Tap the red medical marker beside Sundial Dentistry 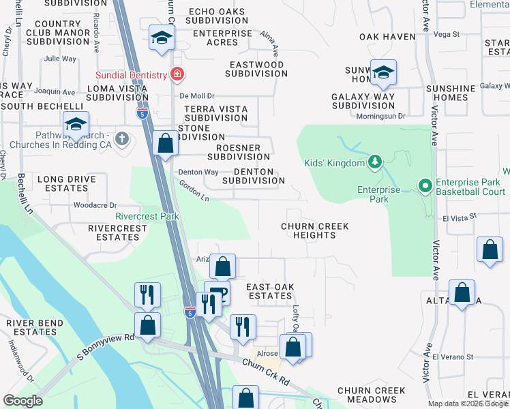pos(177,74)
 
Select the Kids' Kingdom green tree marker pos(374,162)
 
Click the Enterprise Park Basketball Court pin pos(424,185)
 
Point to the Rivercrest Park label pos(147,216)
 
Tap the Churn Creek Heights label pos(315,230)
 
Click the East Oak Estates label pos(270,292)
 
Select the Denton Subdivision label pos(254,177)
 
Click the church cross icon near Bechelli pos(122,139)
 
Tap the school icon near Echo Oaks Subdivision pos(161,37)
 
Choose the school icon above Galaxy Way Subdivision pos(384,72)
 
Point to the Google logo pos(22,401)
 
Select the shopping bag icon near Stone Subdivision pos(165,143)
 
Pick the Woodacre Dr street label pos(95,205)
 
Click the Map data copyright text pos(468,404)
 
